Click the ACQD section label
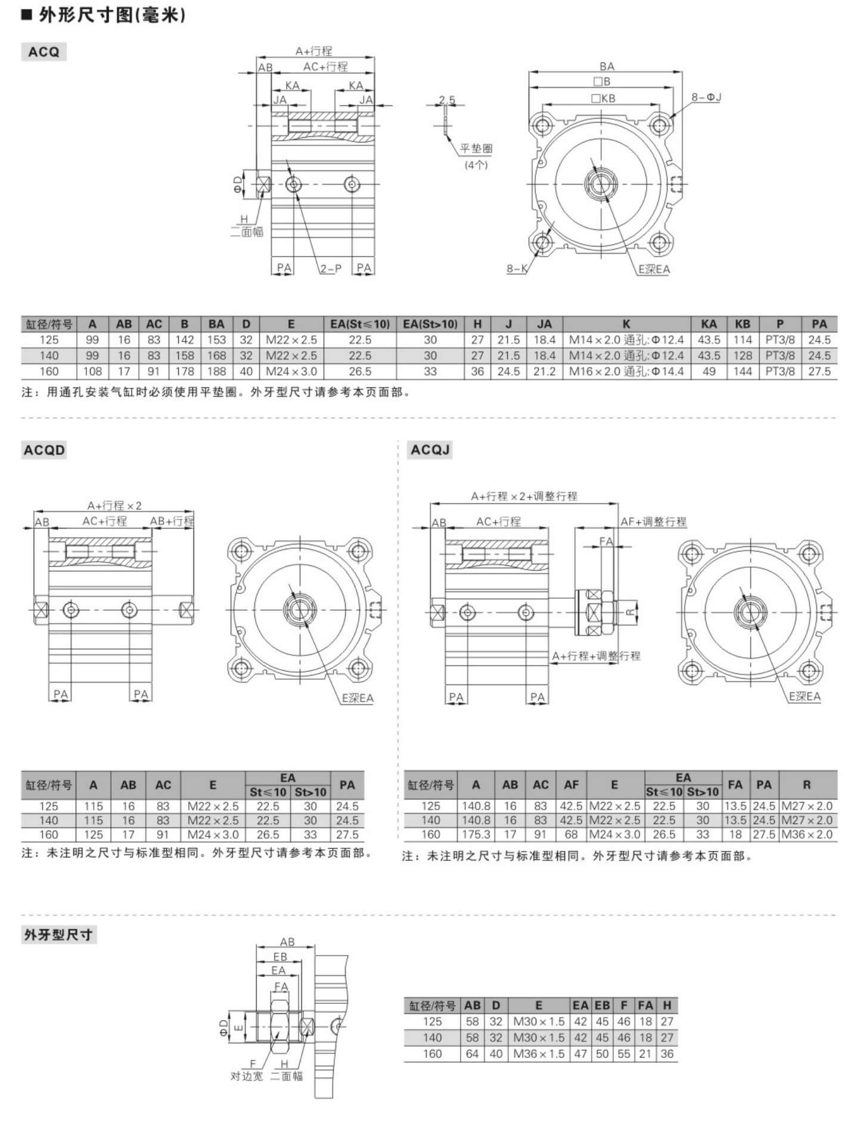click(44, 450)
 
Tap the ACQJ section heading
click(430, 449)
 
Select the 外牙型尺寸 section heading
click(58, 935)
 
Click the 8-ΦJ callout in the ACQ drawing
click(706, 97)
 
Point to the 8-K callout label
click(517, 269)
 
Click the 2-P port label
click(331, 269)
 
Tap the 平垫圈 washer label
click(476, 149)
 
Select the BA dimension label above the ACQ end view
click(607, 67)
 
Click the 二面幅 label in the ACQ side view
click(247, 232)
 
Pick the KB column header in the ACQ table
click(743, 324)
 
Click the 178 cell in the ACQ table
click(185, 371)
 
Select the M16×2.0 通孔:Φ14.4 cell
click(626, 371)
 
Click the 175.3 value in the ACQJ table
click(476, 835)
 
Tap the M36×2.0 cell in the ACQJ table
click(806, 835)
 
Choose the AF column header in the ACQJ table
click(572, 785)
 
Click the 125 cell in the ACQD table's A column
click(94, 835)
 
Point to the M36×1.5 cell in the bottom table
click(539, 1054)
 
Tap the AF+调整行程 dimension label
click(654, 521)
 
